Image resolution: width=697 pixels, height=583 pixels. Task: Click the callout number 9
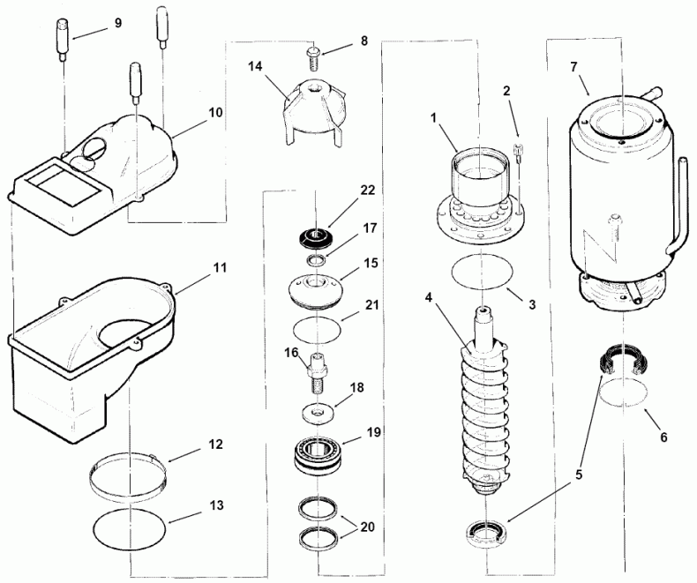pos(117,24)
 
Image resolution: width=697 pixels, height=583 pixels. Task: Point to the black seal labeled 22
pos(316,237)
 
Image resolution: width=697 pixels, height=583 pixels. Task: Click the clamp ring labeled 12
pos(131,474)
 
